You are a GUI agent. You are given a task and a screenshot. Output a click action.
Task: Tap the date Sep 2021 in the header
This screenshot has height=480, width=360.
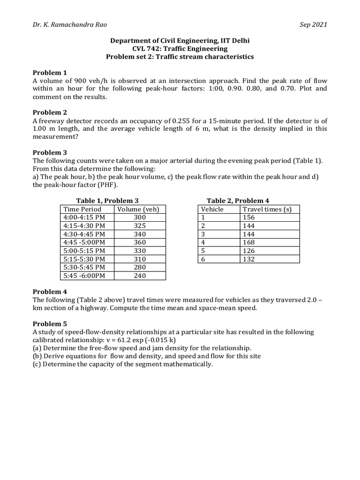coord(314,25)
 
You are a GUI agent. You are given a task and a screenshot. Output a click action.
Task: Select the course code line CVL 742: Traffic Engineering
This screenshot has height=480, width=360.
coord(180,49)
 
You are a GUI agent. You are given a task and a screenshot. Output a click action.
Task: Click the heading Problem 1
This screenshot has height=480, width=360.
coord(50,73)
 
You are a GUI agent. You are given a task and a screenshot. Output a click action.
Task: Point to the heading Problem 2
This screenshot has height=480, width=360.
coord(50,112)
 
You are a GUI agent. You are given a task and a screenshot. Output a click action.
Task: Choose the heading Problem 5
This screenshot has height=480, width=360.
coord(50,324)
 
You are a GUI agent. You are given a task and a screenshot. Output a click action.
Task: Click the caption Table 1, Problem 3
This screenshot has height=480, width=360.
coord(107,201)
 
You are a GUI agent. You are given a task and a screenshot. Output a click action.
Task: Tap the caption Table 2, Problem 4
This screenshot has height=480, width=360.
coord(238,201)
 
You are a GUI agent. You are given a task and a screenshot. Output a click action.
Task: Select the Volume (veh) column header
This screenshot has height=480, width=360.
coord(139,210)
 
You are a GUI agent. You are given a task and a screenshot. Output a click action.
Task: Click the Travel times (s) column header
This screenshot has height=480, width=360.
coord(267,210)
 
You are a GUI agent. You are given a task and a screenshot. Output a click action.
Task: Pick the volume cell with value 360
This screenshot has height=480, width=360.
coord(139,242)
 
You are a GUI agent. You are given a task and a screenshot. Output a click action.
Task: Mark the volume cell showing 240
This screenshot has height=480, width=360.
coord(139,276)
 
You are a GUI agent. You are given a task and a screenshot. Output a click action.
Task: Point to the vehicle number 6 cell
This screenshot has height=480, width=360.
coord(203,259)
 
